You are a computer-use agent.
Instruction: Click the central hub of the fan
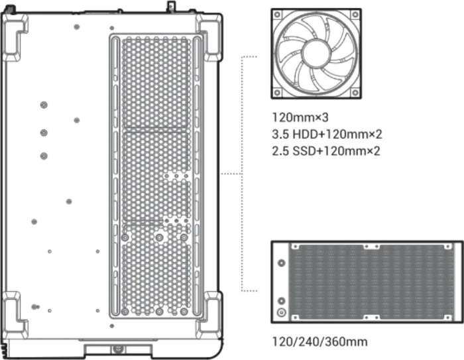coord(316,54)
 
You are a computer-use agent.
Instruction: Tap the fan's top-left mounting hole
coord(277,15)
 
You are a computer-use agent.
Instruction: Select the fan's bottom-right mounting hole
coord(355,93)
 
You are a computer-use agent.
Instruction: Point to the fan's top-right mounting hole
coord(355,15)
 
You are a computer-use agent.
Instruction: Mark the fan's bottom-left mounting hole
coord(277,93)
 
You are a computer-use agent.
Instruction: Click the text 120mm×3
coord(300,117)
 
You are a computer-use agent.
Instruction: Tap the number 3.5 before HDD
coord(280,135)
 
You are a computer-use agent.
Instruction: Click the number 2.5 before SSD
coord(280,151)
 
